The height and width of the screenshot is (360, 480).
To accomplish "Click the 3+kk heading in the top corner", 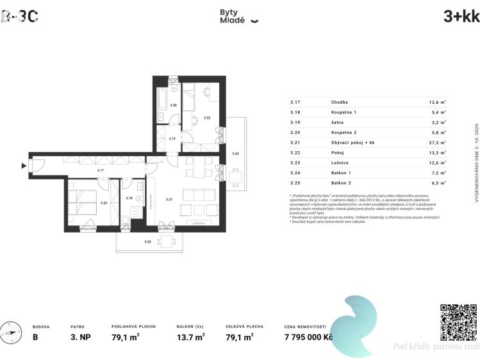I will tap(461, 17).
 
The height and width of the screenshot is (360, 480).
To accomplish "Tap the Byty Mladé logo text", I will tap(232, 16).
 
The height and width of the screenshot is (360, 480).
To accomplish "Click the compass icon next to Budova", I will tap(11, 334).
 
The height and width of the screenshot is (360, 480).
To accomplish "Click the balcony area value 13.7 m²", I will tap(190, 336).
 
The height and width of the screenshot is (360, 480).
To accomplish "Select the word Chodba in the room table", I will tap(340, 102).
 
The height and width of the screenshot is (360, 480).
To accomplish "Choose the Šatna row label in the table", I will tap(338, 122).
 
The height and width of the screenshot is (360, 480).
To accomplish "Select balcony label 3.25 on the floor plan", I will tap(148, 242).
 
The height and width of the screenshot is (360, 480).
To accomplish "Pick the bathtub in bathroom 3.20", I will tap(162, 100).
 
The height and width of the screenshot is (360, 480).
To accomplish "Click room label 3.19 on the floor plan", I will tap(172, 138).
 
